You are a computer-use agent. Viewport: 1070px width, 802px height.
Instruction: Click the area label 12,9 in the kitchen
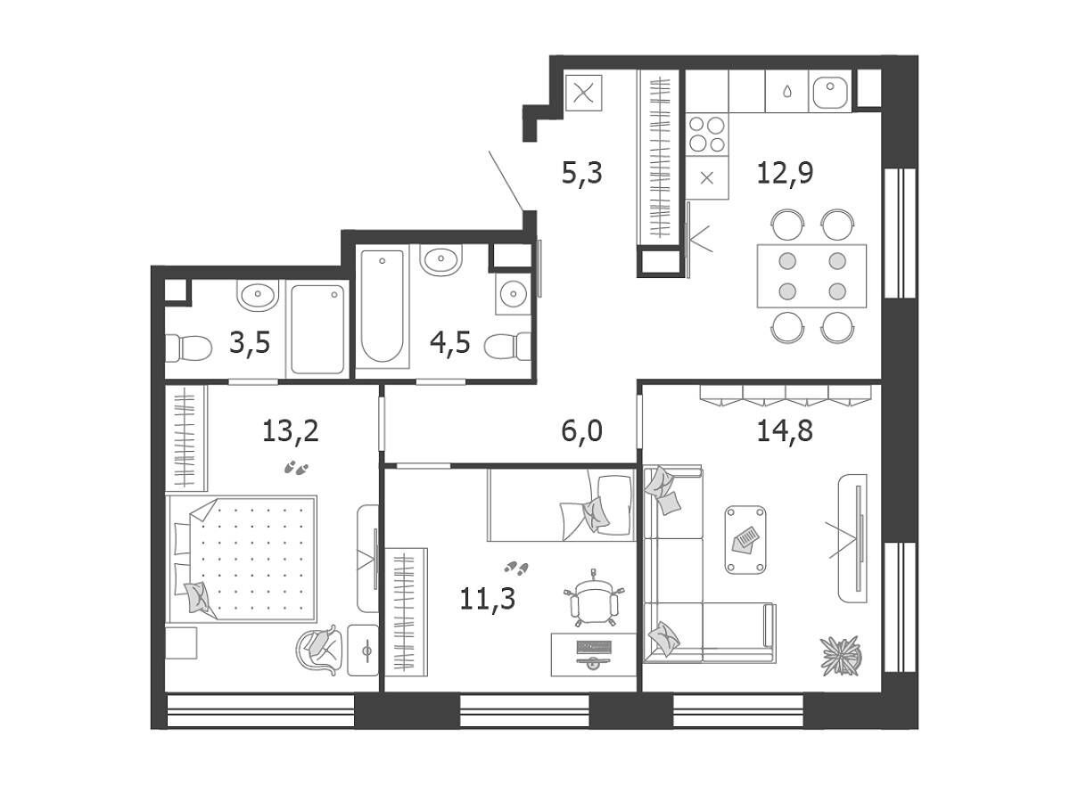785,173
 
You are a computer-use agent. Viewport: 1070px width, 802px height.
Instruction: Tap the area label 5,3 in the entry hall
582,173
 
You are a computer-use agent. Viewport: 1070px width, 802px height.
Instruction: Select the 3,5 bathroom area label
250,342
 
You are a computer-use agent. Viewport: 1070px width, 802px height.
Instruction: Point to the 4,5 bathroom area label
450,342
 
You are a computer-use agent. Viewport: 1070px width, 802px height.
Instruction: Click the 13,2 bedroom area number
291,431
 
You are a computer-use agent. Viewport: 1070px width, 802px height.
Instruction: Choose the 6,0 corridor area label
582,431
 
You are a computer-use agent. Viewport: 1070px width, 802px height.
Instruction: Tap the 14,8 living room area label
785,431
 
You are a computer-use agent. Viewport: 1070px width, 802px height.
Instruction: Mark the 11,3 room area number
488,599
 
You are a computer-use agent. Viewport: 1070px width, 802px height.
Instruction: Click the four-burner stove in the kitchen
707,135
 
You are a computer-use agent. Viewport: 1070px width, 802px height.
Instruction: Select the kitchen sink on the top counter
829,92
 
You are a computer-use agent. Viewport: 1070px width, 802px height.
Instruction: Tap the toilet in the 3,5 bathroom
188,348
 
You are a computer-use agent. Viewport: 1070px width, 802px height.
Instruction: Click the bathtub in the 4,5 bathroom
383,306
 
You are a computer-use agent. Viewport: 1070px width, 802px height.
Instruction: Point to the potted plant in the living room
841,656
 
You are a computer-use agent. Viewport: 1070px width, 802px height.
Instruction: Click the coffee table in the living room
745,539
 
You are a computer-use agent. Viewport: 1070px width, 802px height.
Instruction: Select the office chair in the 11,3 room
594,598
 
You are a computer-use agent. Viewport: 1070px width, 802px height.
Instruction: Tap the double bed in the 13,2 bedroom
242,559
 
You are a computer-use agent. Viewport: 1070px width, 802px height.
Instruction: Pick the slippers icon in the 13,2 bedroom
296,468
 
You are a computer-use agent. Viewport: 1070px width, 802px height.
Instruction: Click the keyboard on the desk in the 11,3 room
594,647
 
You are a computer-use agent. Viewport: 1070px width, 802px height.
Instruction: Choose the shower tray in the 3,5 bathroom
317,329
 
